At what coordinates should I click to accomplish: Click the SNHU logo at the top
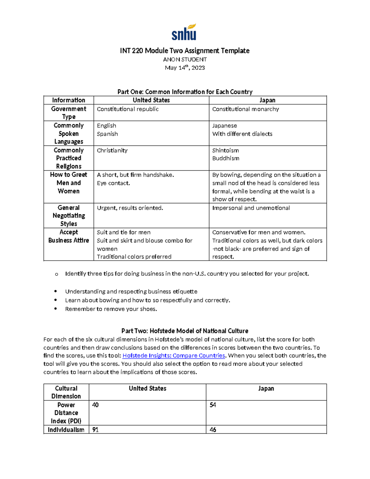pos(184,32)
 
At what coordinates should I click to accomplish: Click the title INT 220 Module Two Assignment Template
pos(185,51)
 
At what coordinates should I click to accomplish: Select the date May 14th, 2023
pos(185,68)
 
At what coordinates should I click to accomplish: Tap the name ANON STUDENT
pos(185,59)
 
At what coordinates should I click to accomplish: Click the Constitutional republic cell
pos(128,109)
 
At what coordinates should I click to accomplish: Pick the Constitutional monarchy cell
pos(245,109)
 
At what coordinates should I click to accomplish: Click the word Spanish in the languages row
pos(107,134)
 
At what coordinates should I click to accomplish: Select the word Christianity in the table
pos(112,151)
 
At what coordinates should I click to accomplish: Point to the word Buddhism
pos(225,158)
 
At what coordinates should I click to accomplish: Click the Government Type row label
pos(68,113)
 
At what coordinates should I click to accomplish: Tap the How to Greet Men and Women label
pos(68,183)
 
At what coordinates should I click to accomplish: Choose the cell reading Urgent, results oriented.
pos(130,208)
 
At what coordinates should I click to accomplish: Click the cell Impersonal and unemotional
pos(251,208)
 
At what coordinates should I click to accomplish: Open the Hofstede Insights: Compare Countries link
pos(174,356)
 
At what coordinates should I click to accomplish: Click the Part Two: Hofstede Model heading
pos(185,331)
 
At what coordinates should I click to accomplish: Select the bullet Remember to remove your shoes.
pos(111,309)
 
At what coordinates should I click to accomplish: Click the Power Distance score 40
pos(95,405)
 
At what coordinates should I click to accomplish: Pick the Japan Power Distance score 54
pos(213,405)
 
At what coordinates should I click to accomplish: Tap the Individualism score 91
pos(95,430)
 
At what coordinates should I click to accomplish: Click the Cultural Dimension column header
pos(66,392)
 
